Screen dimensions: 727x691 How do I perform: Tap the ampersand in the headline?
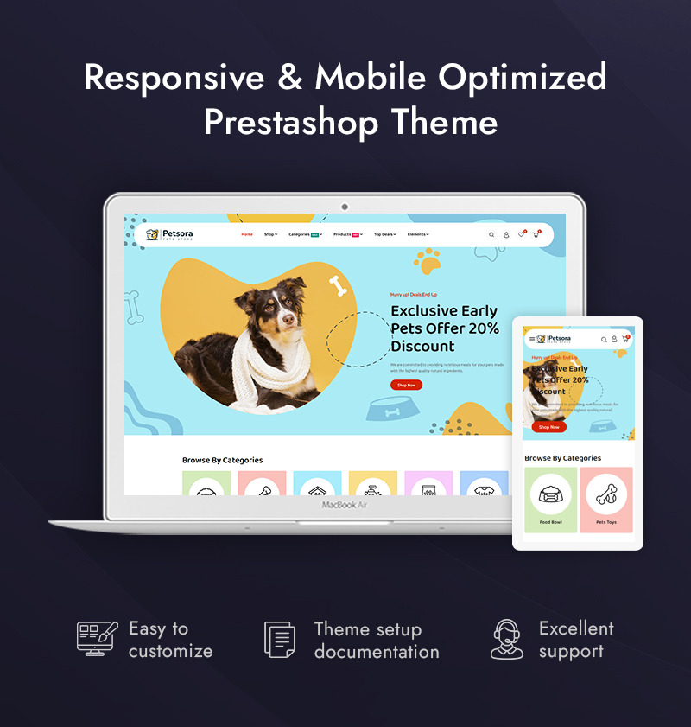coord(288,78)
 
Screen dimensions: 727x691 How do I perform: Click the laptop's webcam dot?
coord(345,207)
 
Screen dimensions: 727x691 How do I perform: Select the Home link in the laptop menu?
coord(247,234)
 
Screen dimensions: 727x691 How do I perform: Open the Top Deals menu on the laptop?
coord(384,234)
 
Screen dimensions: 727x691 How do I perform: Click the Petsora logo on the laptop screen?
coord(169,234)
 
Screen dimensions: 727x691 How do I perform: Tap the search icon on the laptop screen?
coord(491,234)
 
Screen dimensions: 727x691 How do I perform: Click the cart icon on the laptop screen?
coord(536,234)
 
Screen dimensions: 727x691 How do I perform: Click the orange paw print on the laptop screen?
coord(427,260)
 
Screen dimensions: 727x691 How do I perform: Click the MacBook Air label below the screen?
coord(345,505)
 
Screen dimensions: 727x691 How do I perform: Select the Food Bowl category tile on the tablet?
coord(550,500)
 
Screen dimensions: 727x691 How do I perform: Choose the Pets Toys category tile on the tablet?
coord(605,500)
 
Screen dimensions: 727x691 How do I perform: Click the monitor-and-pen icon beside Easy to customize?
coord(97,639)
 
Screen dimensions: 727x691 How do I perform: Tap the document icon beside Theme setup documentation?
coord(279,640)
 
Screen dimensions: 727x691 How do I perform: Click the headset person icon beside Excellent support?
coord(507,639)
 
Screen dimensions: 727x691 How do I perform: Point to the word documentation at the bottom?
coord(377,652)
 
